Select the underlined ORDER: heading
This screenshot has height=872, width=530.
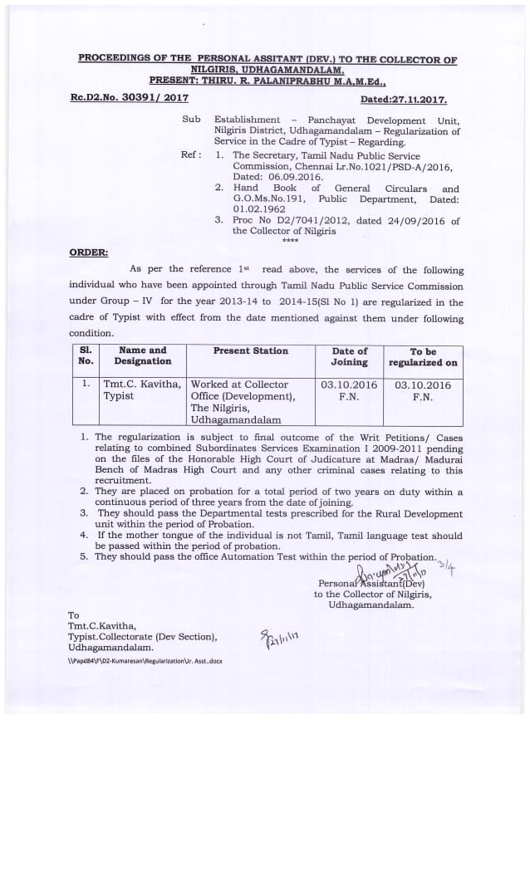pos(89,252)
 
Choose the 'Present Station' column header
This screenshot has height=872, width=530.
pos(250,351)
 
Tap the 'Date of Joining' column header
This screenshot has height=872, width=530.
pos(349,356)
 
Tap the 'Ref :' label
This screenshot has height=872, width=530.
pos(191,155)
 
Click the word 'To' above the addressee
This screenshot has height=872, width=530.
pos(73,615)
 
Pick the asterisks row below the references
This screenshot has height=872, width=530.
pos(290,241)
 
